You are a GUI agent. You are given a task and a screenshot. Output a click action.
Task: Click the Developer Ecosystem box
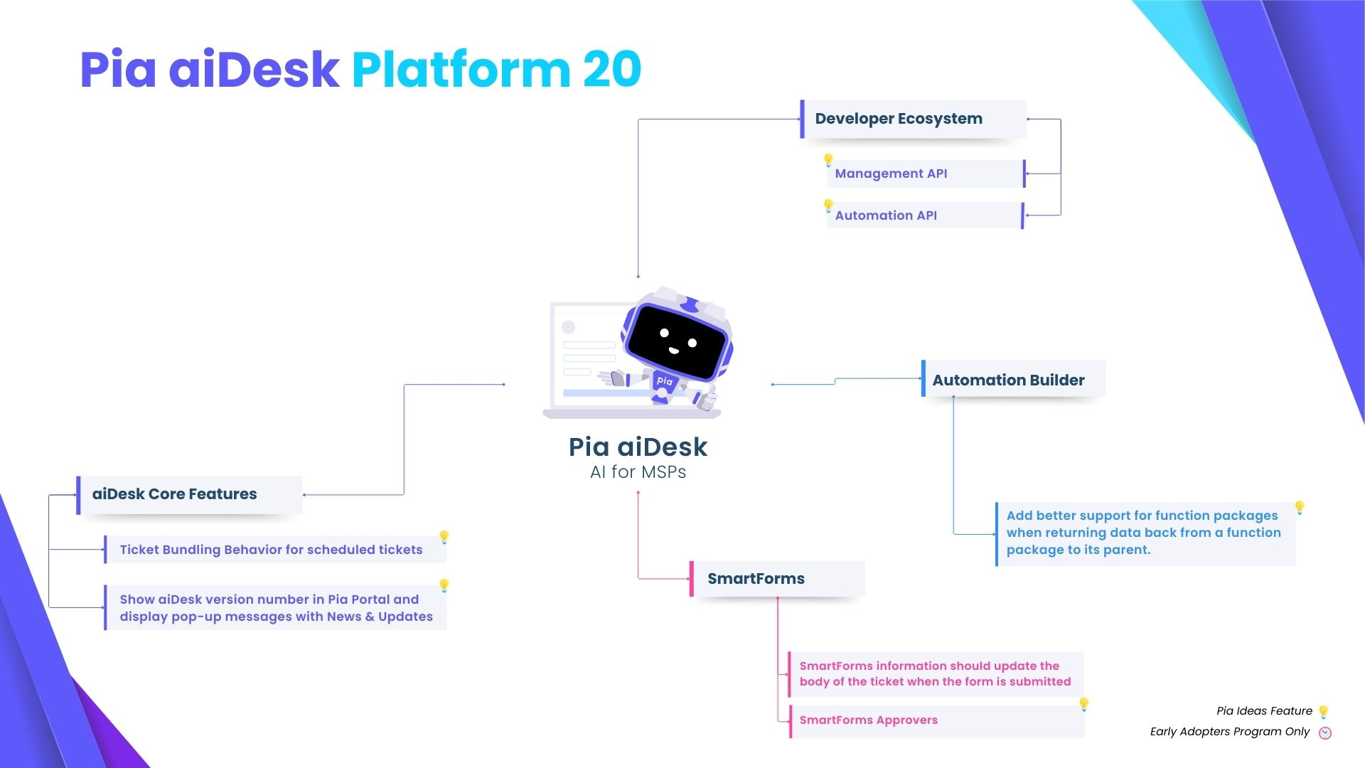(x=913, y=119)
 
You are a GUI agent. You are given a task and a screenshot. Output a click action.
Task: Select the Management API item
(x=924, y=174)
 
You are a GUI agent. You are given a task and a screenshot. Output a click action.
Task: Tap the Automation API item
(x=924, y=215)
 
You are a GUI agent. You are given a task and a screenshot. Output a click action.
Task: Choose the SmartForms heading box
(x=777, y=579)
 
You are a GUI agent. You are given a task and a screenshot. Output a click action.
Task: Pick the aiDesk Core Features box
(x=189, y=494)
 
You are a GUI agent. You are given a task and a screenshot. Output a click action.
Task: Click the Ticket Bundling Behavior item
(x=274, y=550)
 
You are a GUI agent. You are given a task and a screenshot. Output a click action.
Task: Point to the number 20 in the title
(x=612, y=70)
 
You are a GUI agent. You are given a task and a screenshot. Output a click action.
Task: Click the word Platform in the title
(x=461, y=70)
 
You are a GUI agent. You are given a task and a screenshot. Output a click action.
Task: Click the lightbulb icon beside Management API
(x=828, y=160)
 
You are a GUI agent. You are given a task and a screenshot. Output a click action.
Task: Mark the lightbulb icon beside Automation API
(x=828, y=206)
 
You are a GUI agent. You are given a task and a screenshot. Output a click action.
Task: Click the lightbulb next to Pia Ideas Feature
(x=1323, y=712)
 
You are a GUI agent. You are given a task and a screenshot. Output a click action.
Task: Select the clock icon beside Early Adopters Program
(x=1325, y=733)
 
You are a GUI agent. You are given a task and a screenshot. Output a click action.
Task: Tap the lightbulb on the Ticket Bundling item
(x=444, y=536)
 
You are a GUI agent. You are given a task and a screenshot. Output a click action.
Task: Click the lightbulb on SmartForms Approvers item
(x=1084, y=704)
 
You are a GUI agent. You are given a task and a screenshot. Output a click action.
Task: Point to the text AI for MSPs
(x=638, y=472)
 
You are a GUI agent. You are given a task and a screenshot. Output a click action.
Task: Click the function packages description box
(x=1145, y=533)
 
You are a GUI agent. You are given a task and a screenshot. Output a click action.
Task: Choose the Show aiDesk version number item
(x=275, y=608)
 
